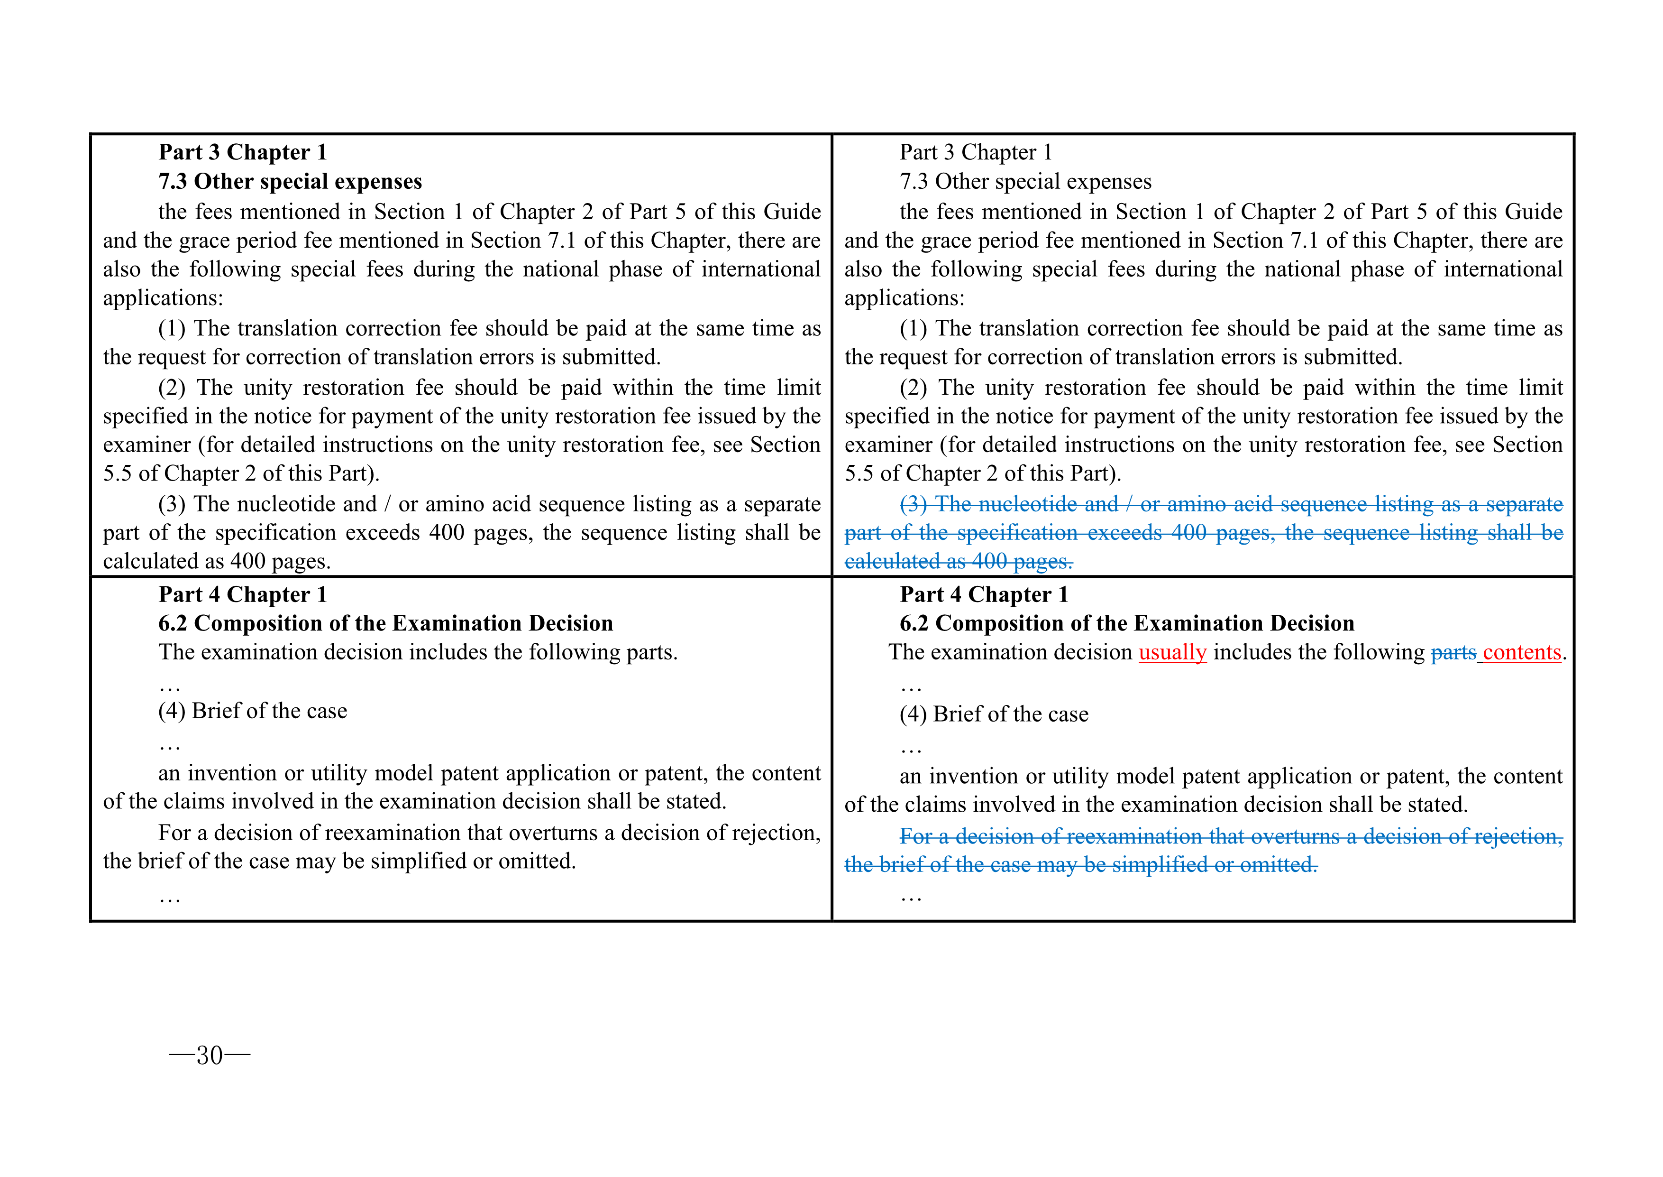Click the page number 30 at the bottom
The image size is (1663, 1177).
tap(210, 1055)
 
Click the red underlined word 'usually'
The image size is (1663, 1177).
tap(1172, 652)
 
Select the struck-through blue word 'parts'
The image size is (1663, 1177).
tap(1453, 652)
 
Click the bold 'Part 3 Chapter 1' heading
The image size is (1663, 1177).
tap(243, 152)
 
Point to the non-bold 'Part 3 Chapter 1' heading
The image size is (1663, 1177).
tap(975, 152)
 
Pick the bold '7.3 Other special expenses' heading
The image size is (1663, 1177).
tap(290, 181)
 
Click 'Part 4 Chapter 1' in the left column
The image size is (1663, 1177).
tap(243, 594)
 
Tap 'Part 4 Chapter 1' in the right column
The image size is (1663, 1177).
tap(984, 594)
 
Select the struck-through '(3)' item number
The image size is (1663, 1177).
tap(914, 504)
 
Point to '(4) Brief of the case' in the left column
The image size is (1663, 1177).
tap(252, 711)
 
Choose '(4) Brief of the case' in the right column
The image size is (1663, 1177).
tap(994, 714)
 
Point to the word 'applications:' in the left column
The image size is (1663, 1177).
tap(163, 298)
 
